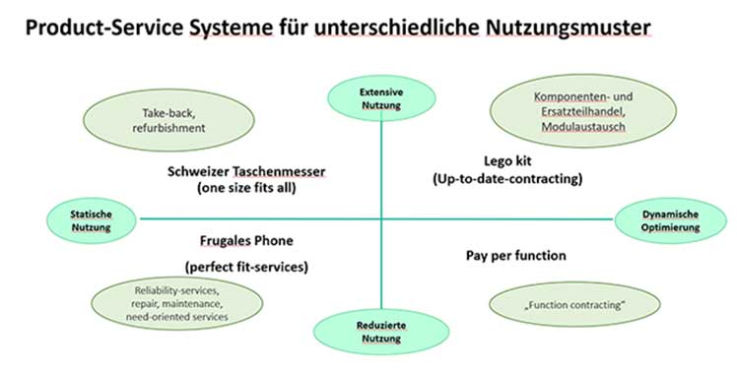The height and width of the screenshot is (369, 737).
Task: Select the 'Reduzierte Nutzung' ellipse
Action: click(379, 332)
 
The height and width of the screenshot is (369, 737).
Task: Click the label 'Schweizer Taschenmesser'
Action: click(246, 170)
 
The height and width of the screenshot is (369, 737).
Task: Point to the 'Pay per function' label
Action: click(515, 256)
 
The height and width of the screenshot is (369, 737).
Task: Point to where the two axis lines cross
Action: click(379, 217)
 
